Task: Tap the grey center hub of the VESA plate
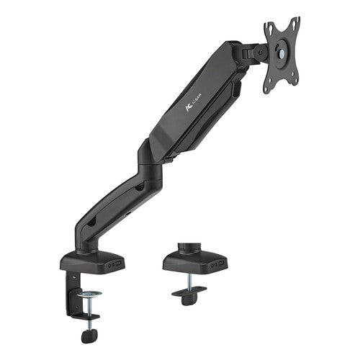(280, 51)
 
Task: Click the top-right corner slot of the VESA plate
(294, 22)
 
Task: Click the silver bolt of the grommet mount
(189, 281)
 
